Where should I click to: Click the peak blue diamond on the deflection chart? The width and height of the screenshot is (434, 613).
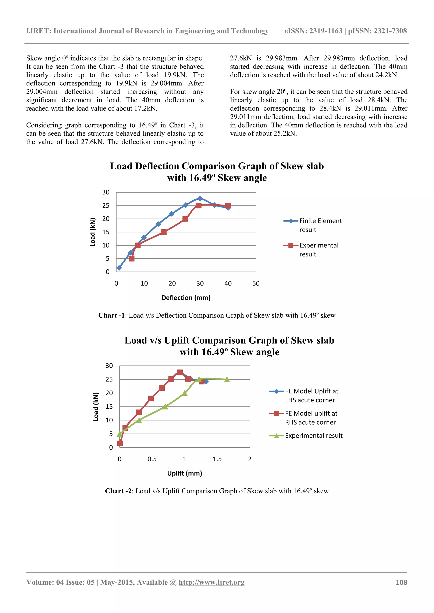200,199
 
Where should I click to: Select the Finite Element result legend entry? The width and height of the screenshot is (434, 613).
313,225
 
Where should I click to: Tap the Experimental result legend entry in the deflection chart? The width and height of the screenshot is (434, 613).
311,250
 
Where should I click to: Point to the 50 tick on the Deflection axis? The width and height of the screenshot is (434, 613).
256,283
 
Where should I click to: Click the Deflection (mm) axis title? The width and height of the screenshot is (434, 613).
186,298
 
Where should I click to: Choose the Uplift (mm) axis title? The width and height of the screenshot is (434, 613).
185,473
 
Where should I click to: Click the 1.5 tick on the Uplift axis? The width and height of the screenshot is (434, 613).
217,459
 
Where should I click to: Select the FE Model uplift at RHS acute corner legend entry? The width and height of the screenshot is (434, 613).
304,417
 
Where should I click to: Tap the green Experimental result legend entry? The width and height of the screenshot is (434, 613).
306,436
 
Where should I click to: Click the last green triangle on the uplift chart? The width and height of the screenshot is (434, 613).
227,380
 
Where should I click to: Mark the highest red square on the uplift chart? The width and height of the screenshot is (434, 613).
180,372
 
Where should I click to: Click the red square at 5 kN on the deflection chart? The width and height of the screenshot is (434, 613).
132,258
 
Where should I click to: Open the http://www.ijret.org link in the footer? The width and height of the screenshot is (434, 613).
211,582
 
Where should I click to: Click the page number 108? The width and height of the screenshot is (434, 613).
401,582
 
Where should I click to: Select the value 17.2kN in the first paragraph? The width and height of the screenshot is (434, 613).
146,108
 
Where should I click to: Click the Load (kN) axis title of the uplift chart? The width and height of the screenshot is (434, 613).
96,406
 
